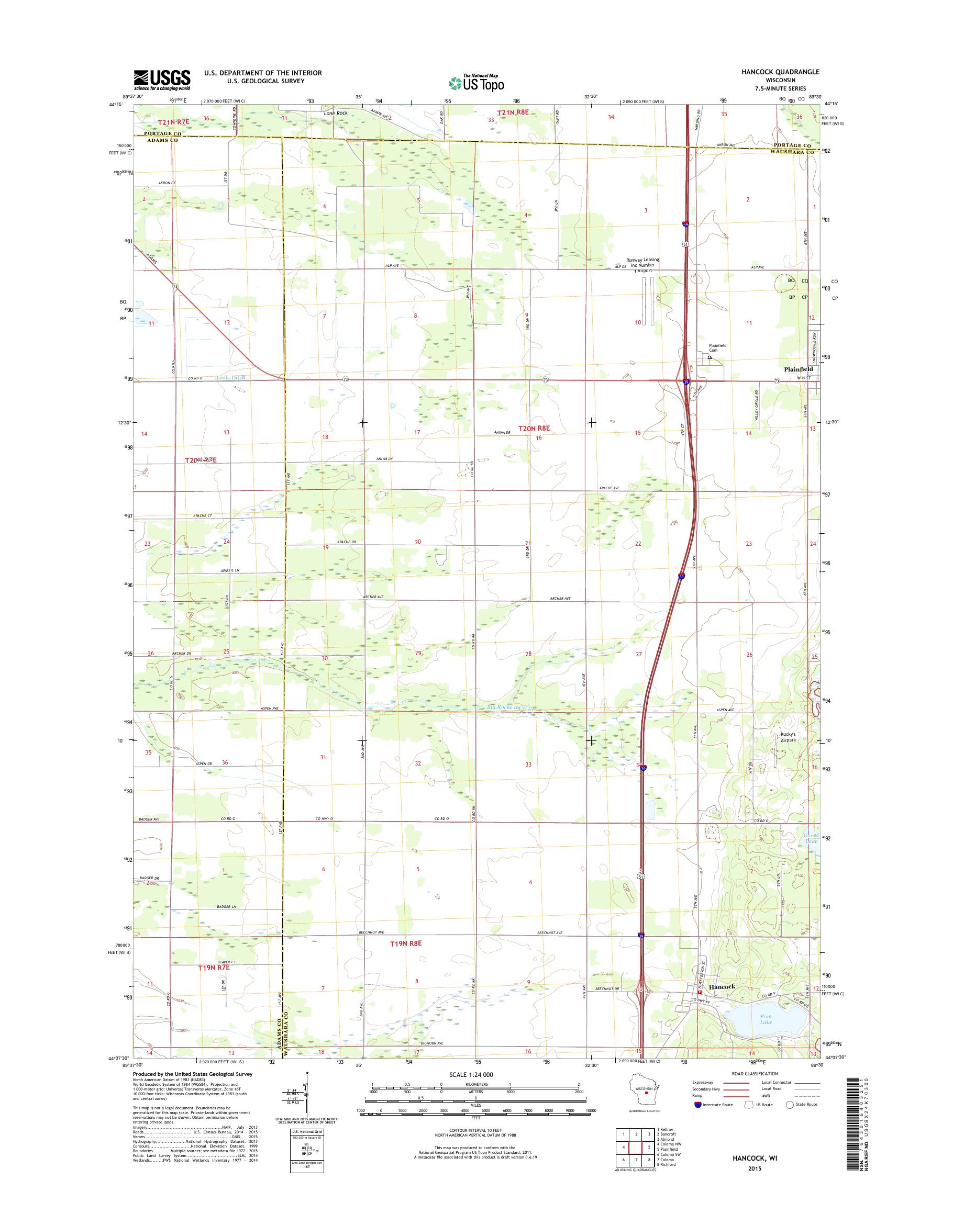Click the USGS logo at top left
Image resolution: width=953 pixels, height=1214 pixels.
tap(162, 80)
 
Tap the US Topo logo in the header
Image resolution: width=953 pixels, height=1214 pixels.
tap(476, 83)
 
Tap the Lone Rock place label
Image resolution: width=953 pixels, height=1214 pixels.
tap(335, 113)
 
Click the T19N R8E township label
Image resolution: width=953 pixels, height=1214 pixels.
tap(405, 943)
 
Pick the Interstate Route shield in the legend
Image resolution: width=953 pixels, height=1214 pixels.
tap(698, 1105)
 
